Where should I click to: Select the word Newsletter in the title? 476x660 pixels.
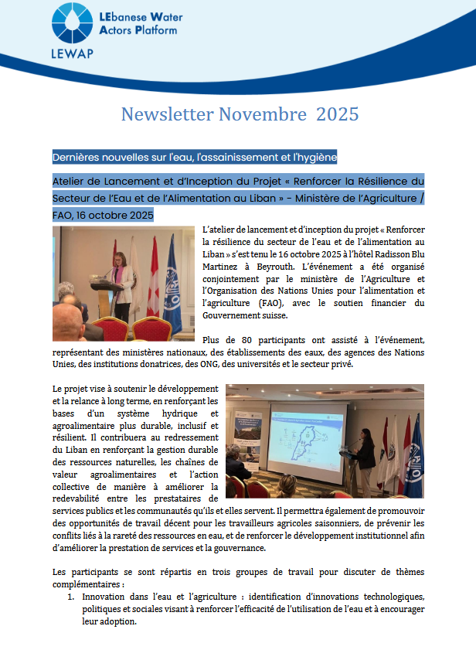coord(166,114)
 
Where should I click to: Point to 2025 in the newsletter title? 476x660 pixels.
coord(336,114)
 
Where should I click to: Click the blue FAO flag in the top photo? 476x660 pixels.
coord(172,286)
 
